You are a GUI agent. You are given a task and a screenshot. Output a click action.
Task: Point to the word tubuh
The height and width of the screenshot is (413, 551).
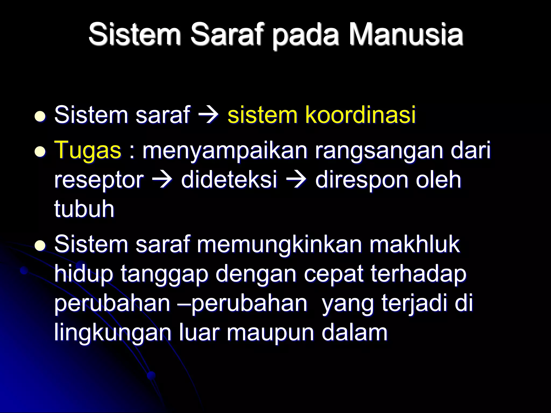click(x=84, y=209)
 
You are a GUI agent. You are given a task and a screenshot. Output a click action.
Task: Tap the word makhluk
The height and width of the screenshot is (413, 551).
click(x=414, y=244)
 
